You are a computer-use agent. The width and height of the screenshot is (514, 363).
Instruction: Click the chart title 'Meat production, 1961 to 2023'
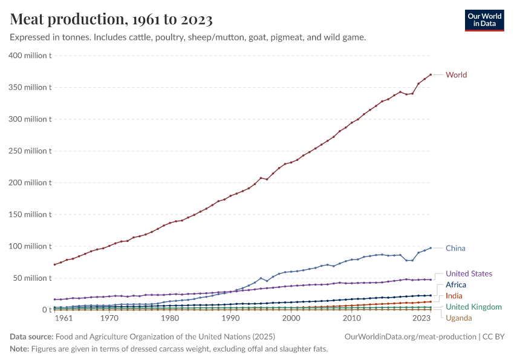pos(111,19)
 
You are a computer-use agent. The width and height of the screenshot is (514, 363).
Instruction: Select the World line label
pos(456,75)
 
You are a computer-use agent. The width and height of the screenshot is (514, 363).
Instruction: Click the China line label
pos(455,248)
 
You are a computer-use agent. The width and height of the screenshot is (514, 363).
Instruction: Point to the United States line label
pos(469,273)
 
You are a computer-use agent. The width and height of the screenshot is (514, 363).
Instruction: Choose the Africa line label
pos(455,284)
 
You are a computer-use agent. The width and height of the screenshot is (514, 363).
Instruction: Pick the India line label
pos(454,296)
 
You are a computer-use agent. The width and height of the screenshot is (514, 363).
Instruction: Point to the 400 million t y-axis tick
pos(30,56)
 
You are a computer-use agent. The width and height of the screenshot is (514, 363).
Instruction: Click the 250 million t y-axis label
pos(30,151)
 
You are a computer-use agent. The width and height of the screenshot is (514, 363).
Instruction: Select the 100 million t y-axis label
pos(30,246)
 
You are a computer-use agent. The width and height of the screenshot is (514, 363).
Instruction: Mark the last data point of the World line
pos(431,74)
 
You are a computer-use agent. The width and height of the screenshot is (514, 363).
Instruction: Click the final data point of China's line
pos(431,248)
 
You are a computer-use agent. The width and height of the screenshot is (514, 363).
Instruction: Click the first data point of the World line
pos(54,264)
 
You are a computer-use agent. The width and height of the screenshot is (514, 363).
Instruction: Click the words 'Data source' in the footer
pos(30,336)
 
